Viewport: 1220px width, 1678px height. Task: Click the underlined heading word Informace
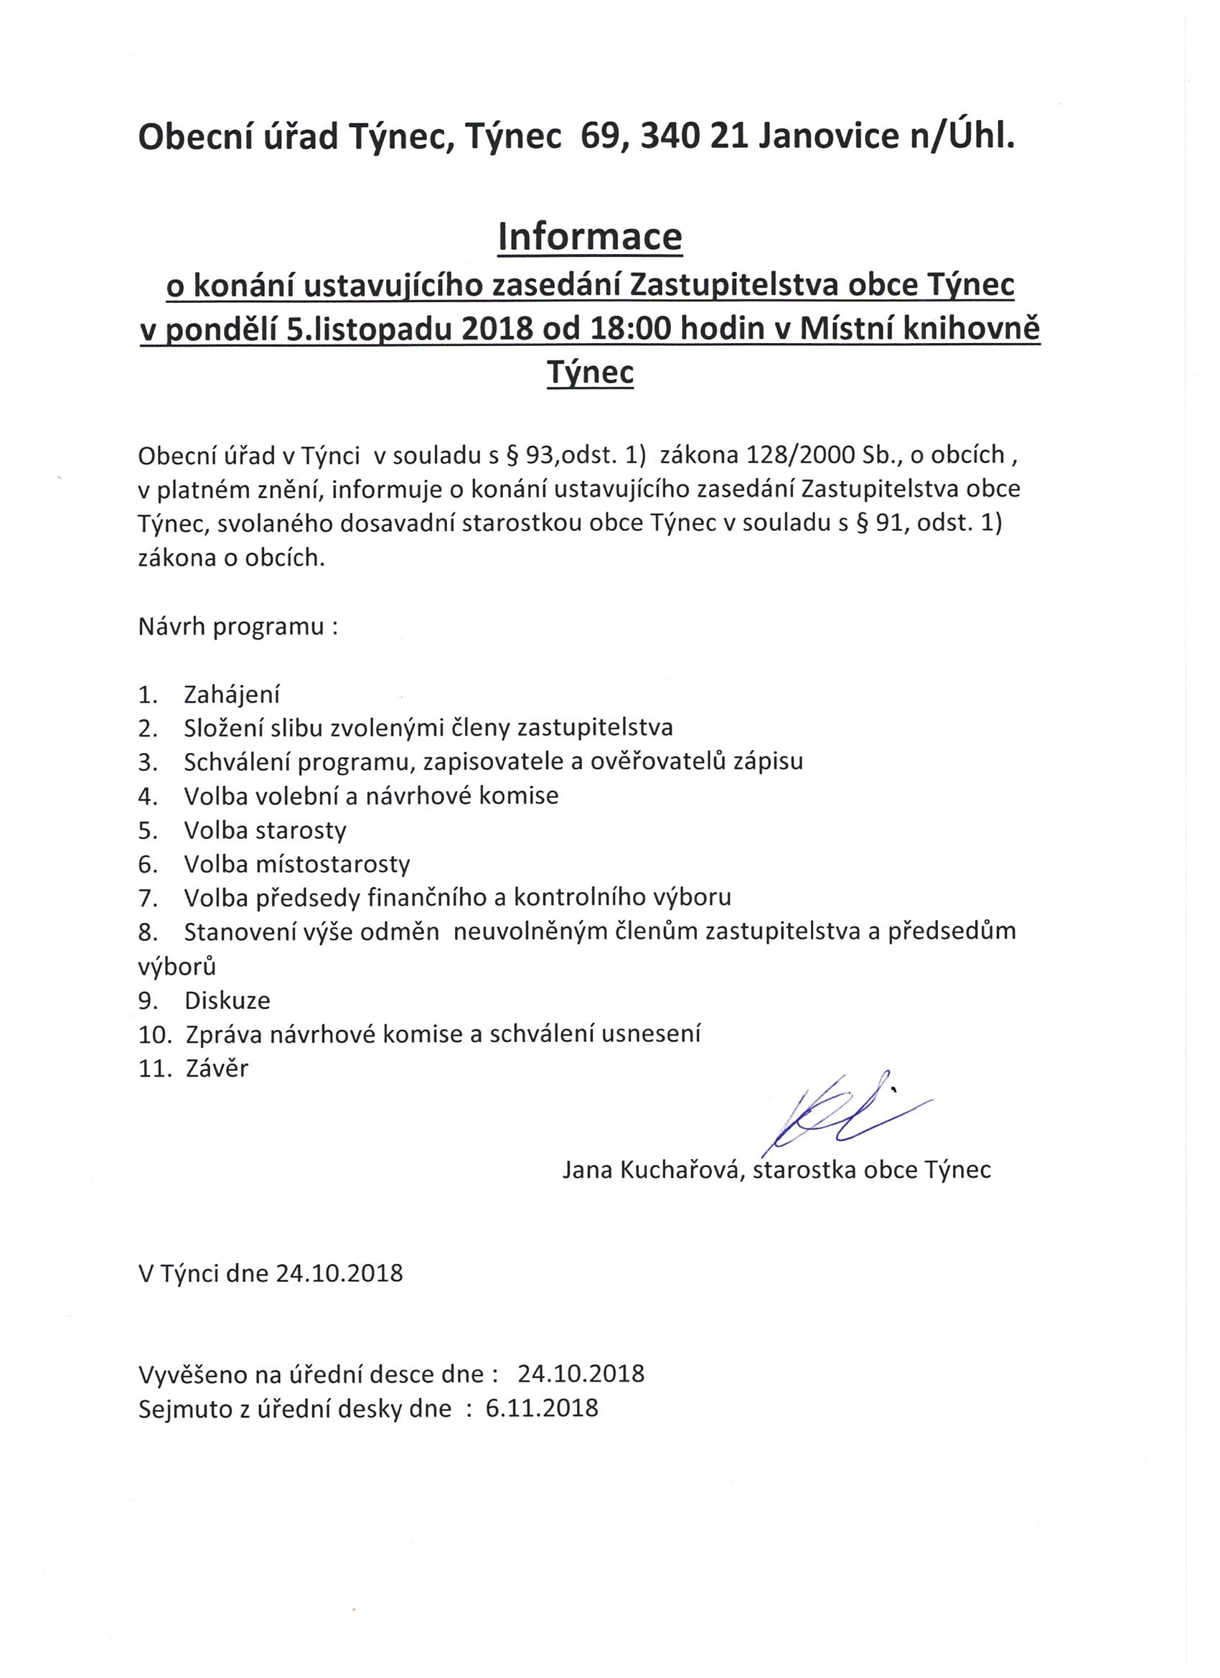pos(591,237)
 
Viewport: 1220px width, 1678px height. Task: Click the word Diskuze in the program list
pos(227,1000)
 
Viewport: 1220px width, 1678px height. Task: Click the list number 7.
pos(147,897)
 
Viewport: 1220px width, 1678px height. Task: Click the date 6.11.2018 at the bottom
pos(542,1407)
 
